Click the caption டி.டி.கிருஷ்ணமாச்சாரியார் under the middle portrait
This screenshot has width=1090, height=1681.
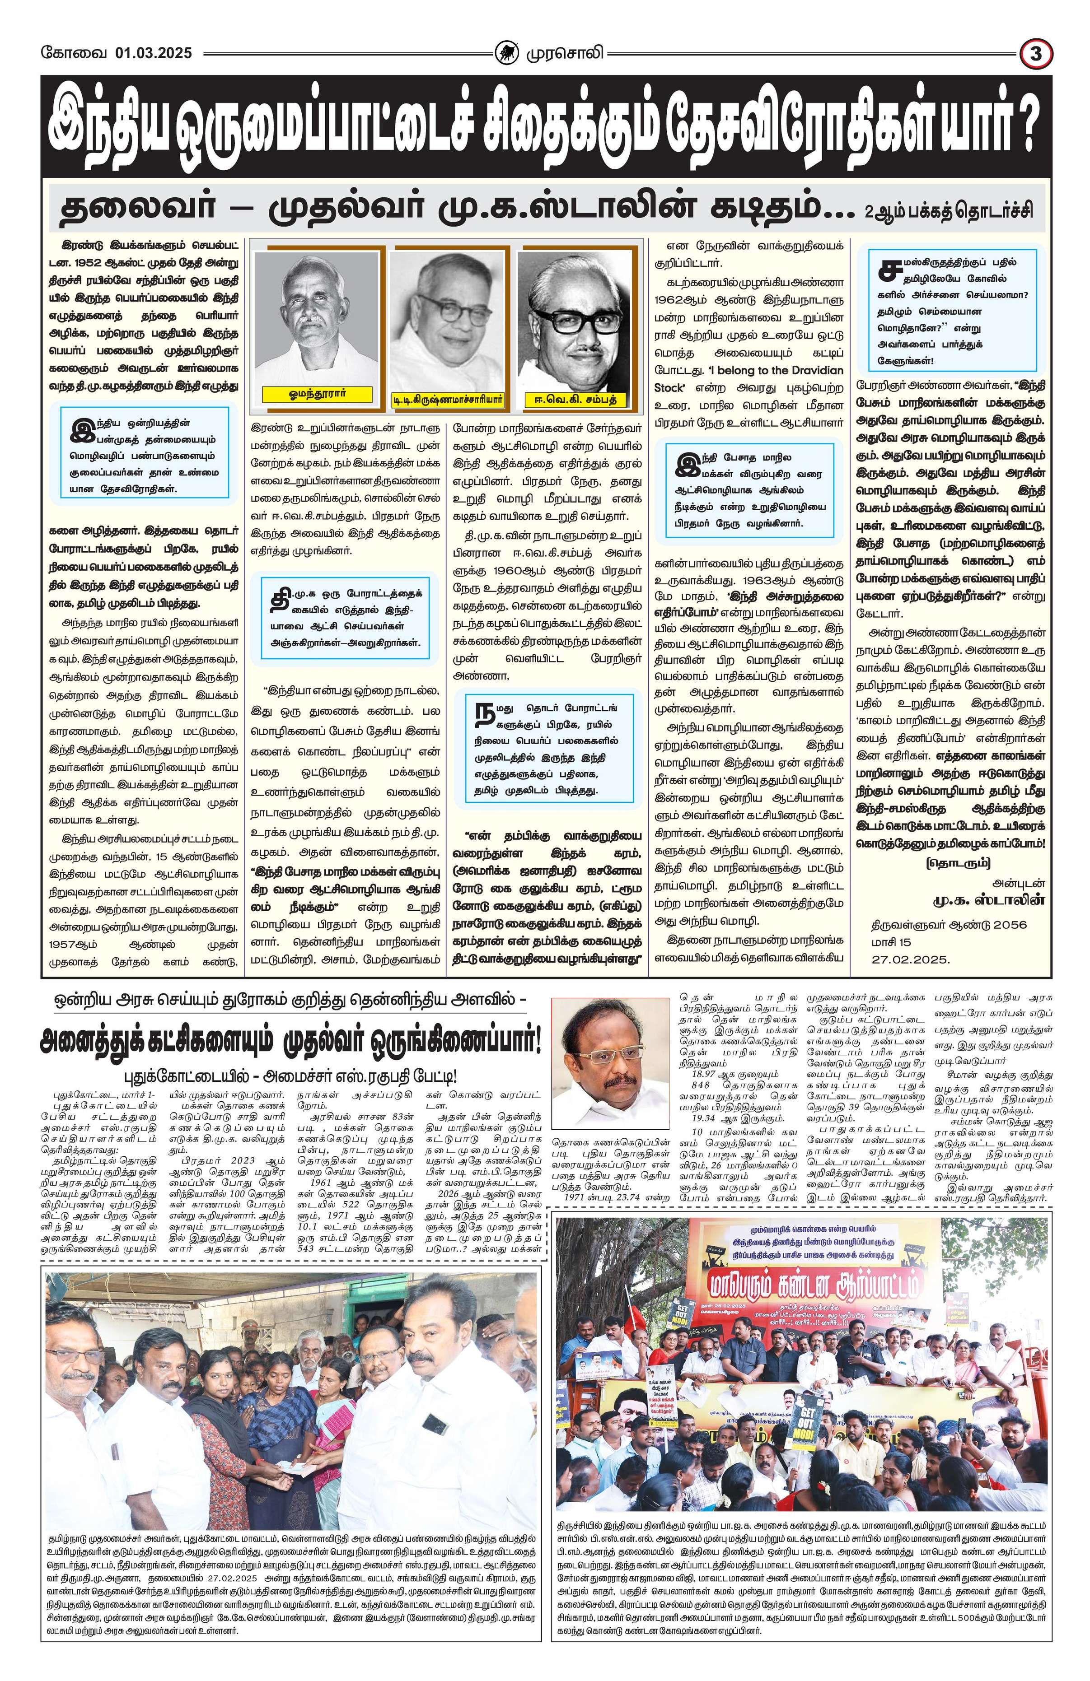coord(448,400)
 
